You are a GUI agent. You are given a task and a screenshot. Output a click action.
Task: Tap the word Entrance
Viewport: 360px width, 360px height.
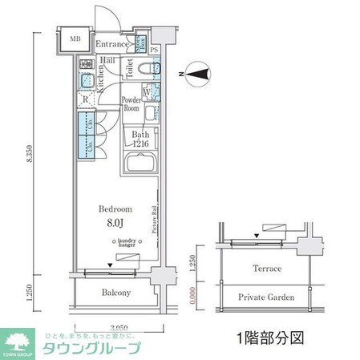point(112,45)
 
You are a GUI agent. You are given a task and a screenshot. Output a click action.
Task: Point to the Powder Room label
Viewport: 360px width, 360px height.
point(131,103)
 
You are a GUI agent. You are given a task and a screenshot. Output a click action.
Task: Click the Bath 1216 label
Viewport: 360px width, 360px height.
point(141,138)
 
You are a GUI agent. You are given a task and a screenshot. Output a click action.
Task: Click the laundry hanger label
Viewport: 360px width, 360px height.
point(127,243)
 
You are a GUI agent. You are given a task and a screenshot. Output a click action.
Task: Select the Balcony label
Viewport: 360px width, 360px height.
point(116,293)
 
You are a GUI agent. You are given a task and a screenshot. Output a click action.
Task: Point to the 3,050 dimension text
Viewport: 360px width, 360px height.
point(118,327)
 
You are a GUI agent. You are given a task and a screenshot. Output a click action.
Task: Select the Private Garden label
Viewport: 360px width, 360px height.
point(267,297)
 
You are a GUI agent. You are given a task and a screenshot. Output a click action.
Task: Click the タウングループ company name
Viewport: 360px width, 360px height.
point(95,349)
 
